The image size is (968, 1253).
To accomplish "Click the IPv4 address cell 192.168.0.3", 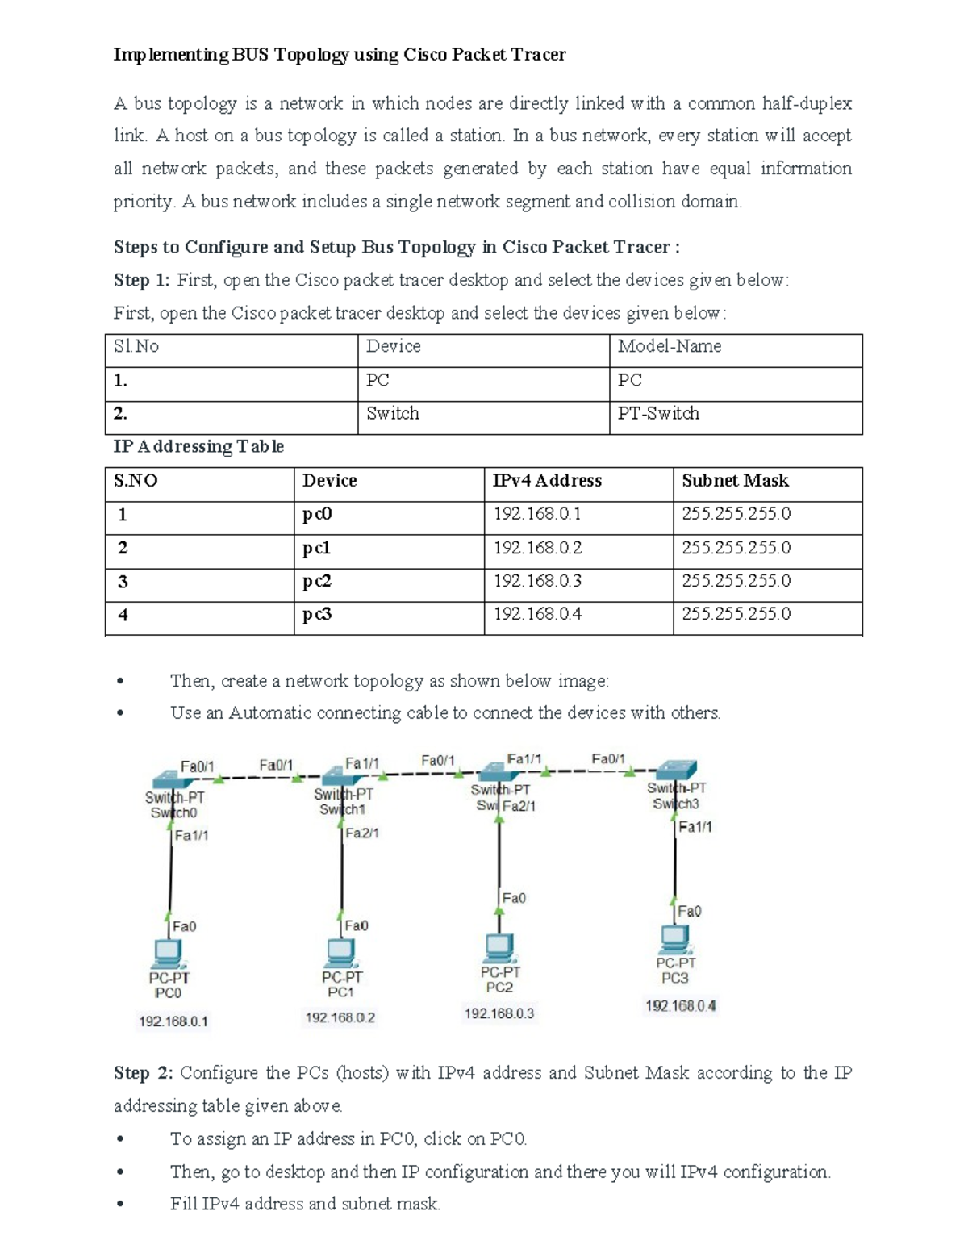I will click(x=537, y=581).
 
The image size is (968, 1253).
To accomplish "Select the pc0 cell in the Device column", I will click(x=317, y=514).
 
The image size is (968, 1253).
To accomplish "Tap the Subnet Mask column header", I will click(x=735, y=481).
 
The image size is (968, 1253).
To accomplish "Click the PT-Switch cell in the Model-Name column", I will click(x=658, y=414).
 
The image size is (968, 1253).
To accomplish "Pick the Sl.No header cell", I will click(x=136, y=347).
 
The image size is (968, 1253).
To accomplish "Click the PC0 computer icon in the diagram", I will click(x=169, y=954).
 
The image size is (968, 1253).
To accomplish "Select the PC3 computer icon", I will click(x=675, y=939).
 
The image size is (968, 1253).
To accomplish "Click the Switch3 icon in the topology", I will click(x=676, y=769).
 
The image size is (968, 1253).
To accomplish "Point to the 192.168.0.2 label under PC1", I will click(x=340, y=1018).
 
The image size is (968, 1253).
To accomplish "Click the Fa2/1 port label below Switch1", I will click(x=362, y=833).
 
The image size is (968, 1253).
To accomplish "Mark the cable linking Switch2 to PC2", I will click(x=499, y=855).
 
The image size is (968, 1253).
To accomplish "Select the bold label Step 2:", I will click(x=143, y=1073).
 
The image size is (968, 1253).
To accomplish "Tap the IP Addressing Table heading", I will click(x=198, y=447).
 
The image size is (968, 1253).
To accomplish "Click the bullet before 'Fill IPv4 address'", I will click(x=120, y=1205).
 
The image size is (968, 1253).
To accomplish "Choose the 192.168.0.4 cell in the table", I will click(x=537, y=614).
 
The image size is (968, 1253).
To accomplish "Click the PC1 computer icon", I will click(x=341, y=953).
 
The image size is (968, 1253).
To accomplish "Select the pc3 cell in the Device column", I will click(x=317, y=614).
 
